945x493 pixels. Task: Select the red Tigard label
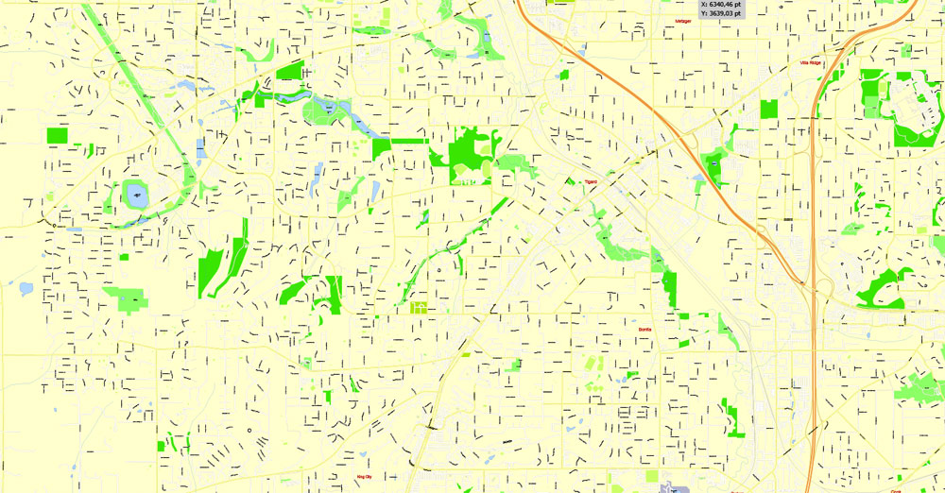click(591, 181)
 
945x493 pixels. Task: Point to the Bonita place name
click(645, 329)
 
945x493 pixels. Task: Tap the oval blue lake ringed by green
click(136, 196)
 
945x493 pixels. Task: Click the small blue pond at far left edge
click(16, 284)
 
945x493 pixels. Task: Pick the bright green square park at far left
click(58, 135)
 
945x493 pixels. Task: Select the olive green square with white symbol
click(419, 307)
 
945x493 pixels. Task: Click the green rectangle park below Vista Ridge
click(768, 109)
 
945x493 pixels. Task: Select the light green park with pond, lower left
click(126, 298)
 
